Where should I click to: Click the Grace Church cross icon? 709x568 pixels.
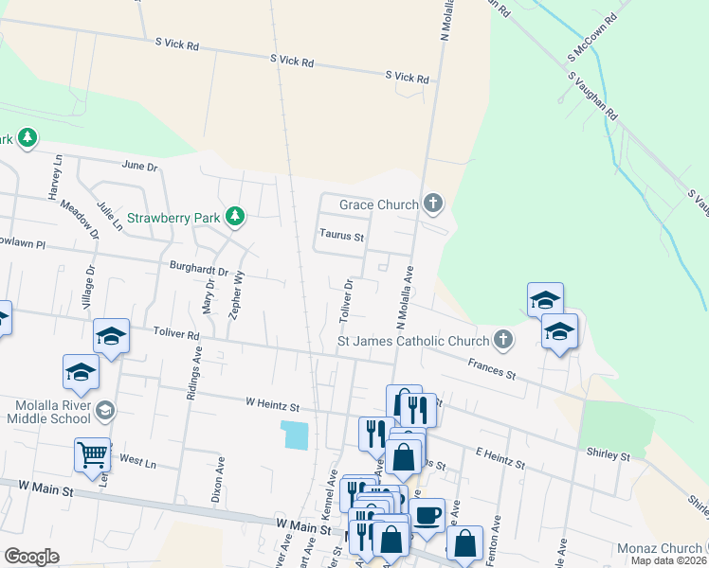pyautogui.click(x=433, y=203)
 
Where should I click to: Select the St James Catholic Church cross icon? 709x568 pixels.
pyautogui.click(x=503, y=339)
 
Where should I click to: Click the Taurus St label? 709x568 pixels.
pyautogui.click(x=342, y=236)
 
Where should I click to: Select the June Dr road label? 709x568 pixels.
pyautogui.click(x=138, y=166)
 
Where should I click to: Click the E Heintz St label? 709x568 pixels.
pyautogui.click(x=500, y=459)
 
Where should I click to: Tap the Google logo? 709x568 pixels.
pyautogui.click(x=31, y=557)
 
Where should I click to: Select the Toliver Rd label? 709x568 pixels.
pyautogui.click(x=176, y=334)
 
